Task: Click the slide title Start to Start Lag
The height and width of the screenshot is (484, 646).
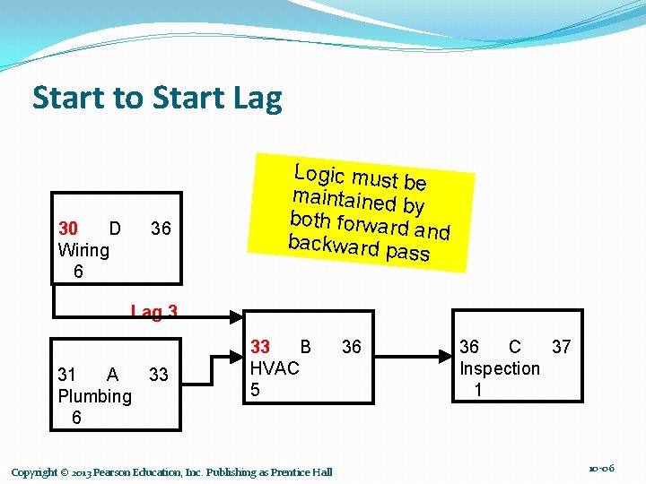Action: click(x=157, y=98)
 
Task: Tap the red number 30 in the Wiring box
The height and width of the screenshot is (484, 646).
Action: click(x=68, y=229)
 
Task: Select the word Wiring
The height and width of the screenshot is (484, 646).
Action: click(x=83, y=250)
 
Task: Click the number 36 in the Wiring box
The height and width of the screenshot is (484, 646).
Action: click(x=161, y=229)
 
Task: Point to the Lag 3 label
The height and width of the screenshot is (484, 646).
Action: click(x=154, y=312)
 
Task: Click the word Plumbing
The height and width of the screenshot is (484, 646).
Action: click(x=94, y=396)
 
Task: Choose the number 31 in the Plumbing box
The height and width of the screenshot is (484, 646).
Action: click(x=67, y=375)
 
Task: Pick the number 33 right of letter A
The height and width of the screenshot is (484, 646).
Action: click(x=159, y=375)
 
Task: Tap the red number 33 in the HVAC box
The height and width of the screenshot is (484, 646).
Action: click(x=260, y=347)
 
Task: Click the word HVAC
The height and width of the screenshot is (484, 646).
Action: click(x=275, y=368)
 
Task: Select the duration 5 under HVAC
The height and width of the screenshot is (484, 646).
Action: click(x=256, y=390)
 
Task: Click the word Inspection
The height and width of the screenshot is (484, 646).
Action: click(x=500, y=368)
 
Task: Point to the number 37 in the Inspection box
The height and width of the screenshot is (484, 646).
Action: click(x=561, y=347)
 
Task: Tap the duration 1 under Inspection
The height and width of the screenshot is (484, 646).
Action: click(x=478, y=390)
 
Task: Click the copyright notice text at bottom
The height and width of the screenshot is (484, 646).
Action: click(x=171, y=472)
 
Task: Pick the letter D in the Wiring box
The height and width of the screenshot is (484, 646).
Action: click(x=114, y=229)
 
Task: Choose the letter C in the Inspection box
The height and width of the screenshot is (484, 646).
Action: click(x=514, y=347)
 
